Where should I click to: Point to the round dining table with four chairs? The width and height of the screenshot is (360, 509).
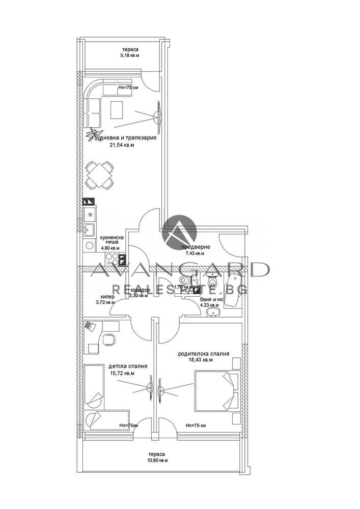point(99,174)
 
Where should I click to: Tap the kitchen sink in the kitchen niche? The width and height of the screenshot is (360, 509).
point(89,230)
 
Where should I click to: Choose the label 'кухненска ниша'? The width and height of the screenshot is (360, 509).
point(110,240)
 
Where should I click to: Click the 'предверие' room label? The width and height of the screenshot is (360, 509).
point(191,247)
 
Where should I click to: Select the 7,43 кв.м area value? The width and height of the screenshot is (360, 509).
point(193,253)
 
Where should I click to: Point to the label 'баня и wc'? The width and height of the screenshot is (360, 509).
point(210,300)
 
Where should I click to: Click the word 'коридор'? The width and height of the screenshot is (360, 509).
point(140,290)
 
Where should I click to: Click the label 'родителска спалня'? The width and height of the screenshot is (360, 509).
point(203,353)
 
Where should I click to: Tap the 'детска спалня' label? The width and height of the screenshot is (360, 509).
point(128,365)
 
